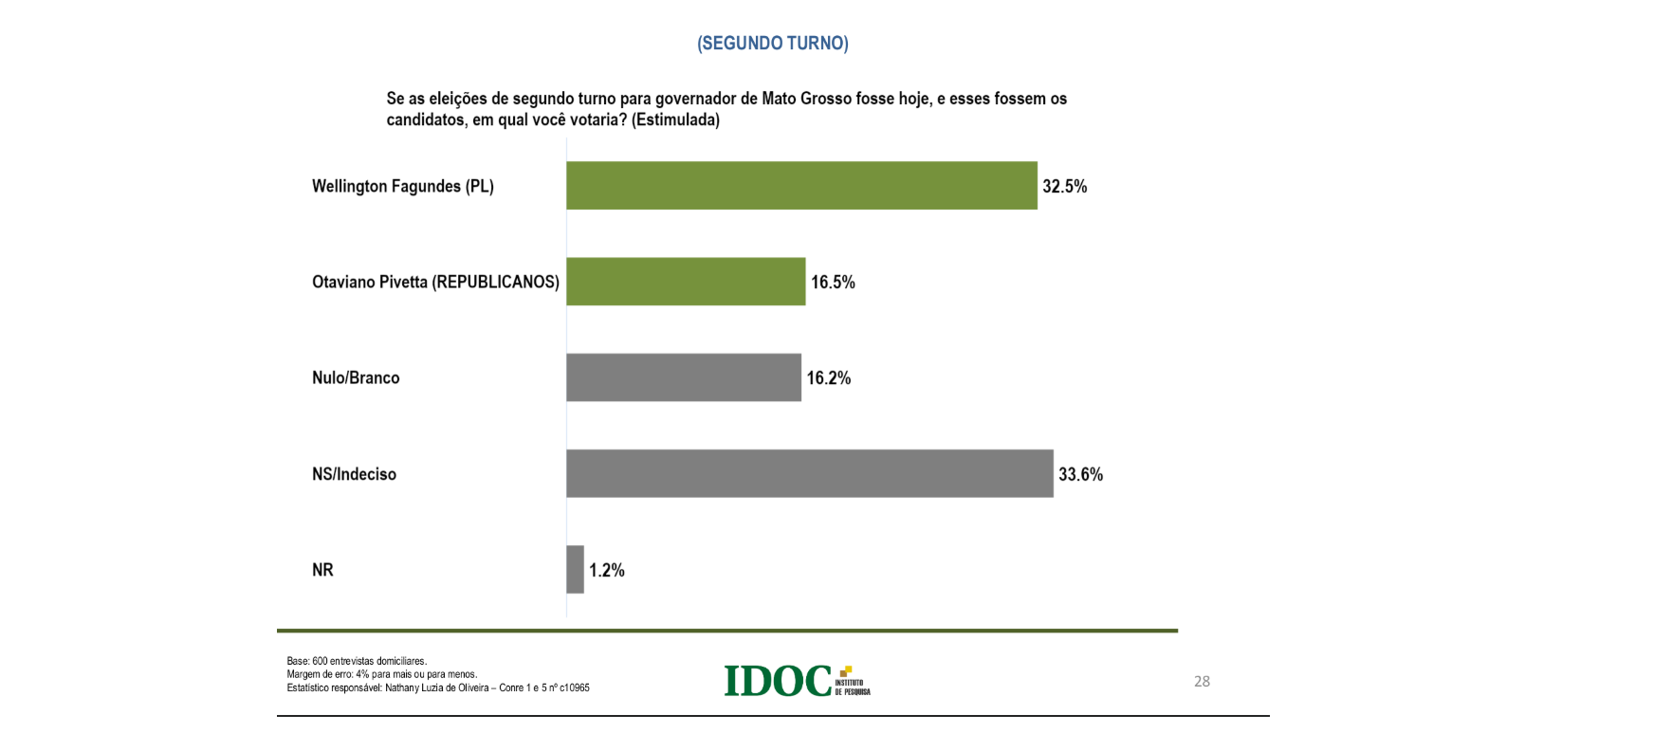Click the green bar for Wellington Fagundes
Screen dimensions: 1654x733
click(801, 185)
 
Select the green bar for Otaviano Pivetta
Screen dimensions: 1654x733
click(686, 282)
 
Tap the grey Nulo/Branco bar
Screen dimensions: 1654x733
click(684, 377)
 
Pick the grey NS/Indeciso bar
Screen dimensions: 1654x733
click(810, 473)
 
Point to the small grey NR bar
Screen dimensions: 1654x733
click(575, 569)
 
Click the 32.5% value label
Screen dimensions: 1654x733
click(1065, 186)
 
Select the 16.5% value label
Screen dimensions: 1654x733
click(833, 282)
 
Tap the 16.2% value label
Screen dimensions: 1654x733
click(829, 377)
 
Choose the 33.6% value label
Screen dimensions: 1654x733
click(1081, 474)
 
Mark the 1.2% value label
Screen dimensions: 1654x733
click(607, 570)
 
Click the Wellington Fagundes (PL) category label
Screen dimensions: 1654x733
click(403, 186)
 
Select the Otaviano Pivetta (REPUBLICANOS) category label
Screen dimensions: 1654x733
click(435, 282)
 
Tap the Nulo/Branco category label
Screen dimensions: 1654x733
click(356, 377)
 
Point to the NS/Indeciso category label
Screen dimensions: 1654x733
click(354, 474)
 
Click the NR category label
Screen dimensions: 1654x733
click(322, 570)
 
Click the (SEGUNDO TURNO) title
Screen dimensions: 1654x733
click(773, 44)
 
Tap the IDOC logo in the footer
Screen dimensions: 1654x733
click(797, 680)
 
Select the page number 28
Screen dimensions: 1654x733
click(1202, 681)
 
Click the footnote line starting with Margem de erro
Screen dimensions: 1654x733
click(382, 674)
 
